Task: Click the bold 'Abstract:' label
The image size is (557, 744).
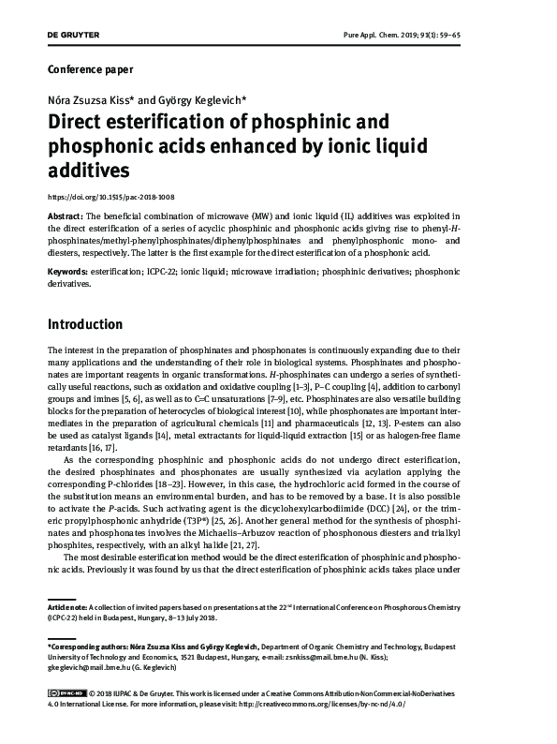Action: tap(65, 216)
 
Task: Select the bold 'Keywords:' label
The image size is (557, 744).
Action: tap(67, 271)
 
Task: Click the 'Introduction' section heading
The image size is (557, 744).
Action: tap(85, 325)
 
